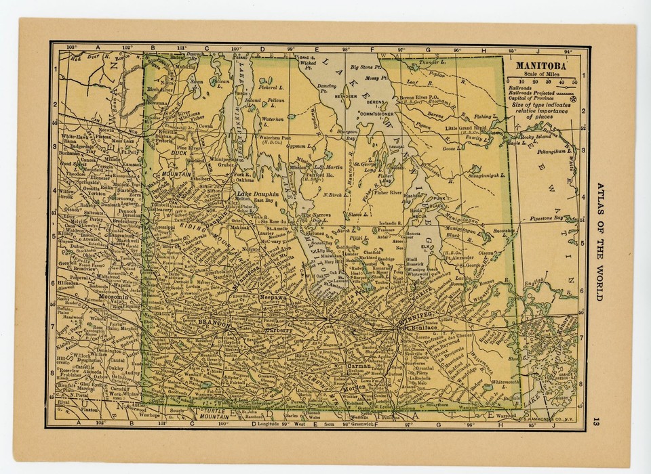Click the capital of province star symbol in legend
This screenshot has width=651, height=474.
[x=574, y=99]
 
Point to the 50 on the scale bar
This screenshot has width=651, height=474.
[x=574, y=81]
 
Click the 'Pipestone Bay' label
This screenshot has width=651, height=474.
[x=547, y=219]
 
